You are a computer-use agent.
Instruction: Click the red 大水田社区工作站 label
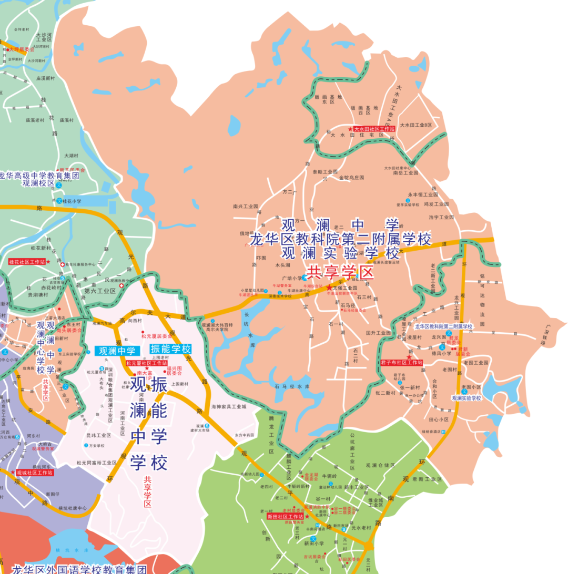point(374,129)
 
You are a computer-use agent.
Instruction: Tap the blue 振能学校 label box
point(170,349)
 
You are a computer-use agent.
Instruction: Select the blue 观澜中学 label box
point(117,351)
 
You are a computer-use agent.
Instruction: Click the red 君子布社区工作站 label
point(402,363)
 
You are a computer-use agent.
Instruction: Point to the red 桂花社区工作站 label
point(26,261)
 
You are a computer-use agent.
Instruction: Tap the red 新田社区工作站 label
point(285,517)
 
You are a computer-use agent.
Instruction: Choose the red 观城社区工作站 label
point(34,473)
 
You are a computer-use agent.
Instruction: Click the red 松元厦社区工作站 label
point(146,363)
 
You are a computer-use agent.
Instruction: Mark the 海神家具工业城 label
point(229,407)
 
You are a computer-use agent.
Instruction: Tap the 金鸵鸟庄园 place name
point(352,178)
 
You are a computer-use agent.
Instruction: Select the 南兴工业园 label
point(246,207)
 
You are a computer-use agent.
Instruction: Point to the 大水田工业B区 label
point(415,125)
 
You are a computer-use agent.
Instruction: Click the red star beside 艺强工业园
point(329,288)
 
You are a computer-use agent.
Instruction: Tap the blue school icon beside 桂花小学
point(59,201)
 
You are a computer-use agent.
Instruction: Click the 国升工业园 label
point(379,333)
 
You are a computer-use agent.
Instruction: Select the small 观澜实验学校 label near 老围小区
point(466,398)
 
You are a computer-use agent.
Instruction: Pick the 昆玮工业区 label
point(98,435)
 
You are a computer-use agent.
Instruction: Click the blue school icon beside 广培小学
point(305,278)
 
